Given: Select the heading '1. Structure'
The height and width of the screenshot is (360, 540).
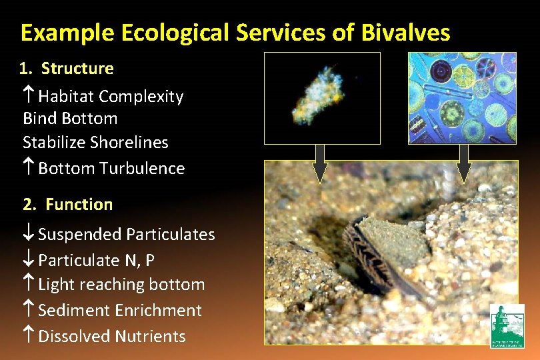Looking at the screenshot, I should click(67, 68).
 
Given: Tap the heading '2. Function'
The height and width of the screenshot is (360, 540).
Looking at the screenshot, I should click(67, 204).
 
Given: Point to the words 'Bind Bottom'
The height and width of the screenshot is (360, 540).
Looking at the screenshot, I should click(70, 119).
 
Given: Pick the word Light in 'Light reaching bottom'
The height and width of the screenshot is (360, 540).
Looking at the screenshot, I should click(56, 285).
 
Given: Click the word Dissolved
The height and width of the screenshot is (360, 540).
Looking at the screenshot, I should click(74, 336).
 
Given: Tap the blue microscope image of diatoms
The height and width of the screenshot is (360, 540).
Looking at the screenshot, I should click(463, 98).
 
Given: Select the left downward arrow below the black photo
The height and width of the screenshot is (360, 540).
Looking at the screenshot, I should click(320, 163).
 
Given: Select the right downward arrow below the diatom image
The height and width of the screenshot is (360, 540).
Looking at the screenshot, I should click(464, 163).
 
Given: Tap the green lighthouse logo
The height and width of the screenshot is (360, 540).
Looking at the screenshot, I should click(507, 325).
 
